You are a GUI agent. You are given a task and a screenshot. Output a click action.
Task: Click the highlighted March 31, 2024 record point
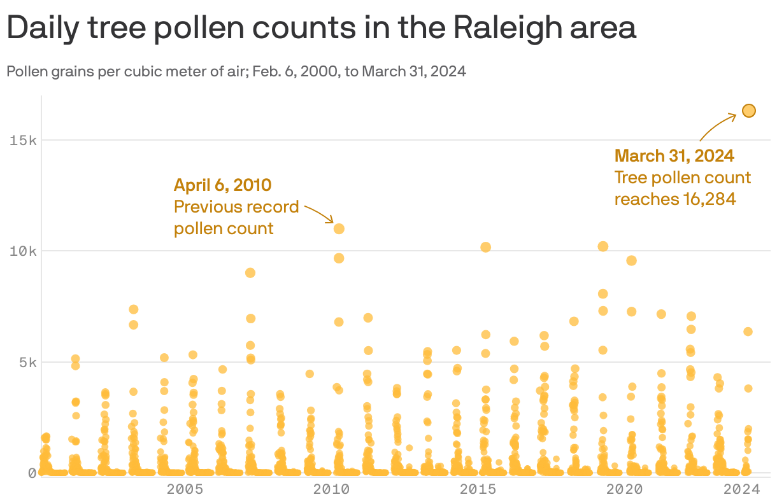pyautogui.click(x=748, y=111)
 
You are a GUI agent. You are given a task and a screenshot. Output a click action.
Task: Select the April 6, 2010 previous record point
pyautogui.click(x=339, y=228)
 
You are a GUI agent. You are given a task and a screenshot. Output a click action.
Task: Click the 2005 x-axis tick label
pyautogui.click(x=185, y=489)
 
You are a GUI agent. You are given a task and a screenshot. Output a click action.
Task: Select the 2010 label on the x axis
pyautogui.click(x=331, y=489)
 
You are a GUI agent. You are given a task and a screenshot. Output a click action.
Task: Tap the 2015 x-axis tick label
pyautogui.click(x=478, y=489)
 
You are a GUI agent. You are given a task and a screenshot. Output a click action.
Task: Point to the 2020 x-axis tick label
pyautogui.click(x=624, y=489)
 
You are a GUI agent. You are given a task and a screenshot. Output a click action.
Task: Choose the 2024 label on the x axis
pyautogui.click(x=741, y=489)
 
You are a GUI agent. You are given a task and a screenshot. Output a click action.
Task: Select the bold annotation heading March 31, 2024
pyautogui.click(x=674, y=155)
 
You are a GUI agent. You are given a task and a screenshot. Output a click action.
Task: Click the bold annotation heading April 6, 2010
pyautogui.click(x=223, y=185)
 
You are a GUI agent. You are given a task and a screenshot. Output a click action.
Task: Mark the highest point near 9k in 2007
pyautogui.click(x=250, y=272)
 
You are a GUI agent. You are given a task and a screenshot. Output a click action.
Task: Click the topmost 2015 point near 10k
pyautogui.click(x=485, y=247)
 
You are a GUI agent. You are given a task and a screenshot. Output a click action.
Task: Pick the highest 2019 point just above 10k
pyautogui.click(x=603, y=246)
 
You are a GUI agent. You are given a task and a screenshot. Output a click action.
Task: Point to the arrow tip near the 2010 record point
pyautogui.click(x=332, y=222)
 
